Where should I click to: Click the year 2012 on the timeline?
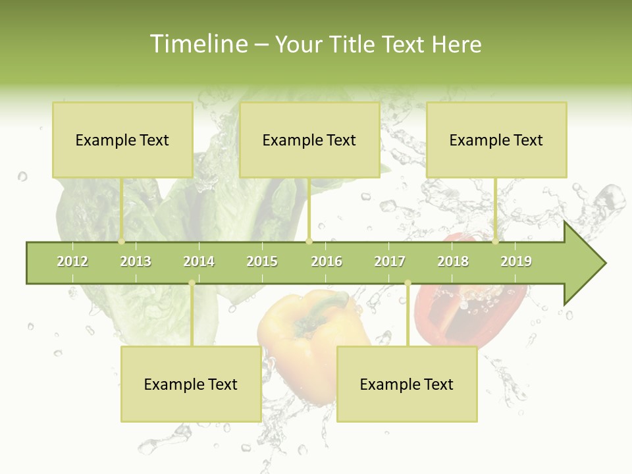(72, 261)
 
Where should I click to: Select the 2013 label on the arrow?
(136, 261)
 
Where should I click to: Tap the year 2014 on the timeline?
(199, 261)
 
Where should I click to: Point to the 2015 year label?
(262, 261)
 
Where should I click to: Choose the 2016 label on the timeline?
(327, 261)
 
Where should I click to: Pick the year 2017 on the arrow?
(390, 261)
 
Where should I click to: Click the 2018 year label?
(453, 261)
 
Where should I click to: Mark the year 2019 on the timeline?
(516, 261)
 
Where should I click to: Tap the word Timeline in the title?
(197, 44)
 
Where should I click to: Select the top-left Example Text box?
(122, 140)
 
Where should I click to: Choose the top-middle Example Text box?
(309, 140)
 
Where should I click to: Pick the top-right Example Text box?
(496, 140)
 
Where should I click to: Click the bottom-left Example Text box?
(191, 384)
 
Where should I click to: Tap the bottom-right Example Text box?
(407, 384)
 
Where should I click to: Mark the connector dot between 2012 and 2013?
(121, 242)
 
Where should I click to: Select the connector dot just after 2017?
(408, 283)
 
